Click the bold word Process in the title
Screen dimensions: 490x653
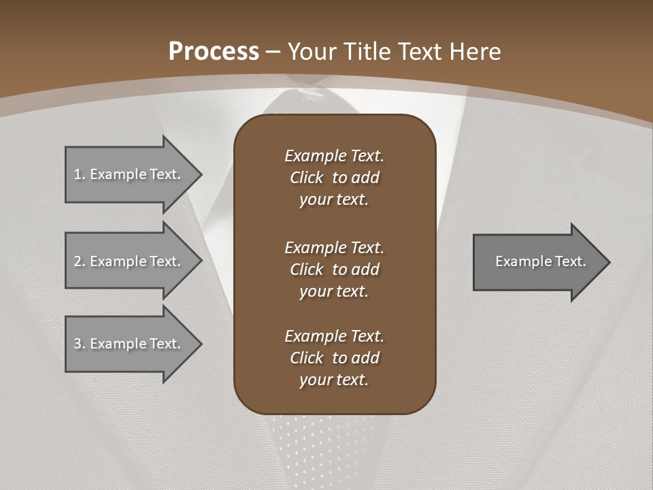[214, 52]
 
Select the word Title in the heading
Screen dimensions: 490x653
[368, 52]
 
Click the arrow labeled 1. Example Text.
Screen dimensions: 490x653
[129, 174]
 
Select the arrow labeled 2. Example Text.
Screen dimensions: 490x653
[129, 261]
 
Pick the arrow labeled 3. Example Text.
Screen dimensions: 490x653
[129, 344]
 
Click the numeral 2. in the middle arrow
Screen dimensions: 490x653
[80, 261]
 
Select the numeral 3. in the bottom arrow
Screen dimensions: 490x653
[80, 344]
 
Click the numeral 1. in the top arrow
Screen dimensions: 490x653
[80, 174]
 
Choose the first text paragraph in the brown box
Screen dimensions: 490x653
[334, 178]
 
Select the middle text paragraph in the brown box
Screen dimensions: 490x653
[334, 269]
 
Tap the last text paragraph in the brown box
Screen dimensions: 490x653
[334, 358]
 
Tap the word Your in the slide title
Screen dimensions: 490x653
[311, 52]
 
